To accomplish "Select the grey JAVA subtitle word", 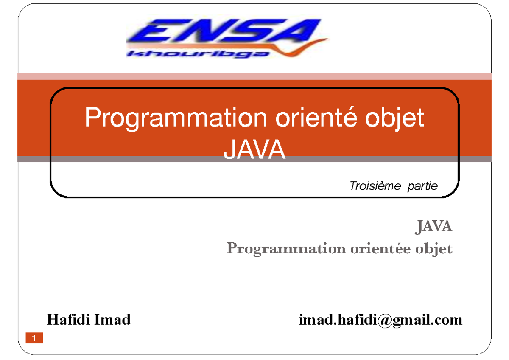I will pos(433,227).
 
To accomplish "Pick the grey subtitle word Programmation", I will pos(286,249).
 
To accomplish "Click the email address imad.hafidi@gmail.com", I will pos(380,320).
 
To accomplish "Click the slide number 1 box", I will pos(34,338).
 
